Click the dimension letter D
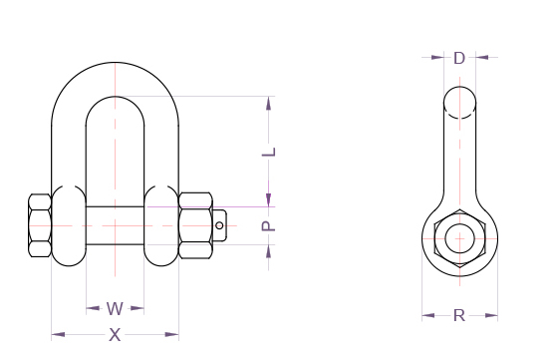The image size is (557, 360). tap(459, 58)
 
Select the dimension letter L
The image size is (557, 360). tap(267, 152)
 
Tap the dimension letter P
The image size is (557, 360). tap(267, 226)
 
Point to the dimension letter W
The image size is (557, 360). tap(115, 308)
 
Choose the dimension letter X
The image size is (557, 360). tap(115, 335)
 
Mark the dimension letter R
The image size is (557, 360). tap(459, 316)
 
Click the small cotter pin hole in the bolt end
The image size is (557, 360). tap(220, 226)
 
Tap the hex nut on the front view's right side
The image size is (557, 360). tap(195, 226)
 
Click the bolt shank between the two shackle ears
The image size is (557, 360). tap(115, 226)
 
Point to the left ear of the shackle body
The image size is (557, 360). tap(68, 226)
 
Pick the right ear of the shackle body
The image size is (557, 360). tap(162, 226)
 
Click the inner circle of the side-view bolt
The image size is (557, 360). tap(459, 239)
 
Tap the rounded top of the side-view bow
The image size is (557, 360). tap(459, 98)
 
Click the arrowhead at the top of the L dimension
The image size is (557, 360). tap(267, 103)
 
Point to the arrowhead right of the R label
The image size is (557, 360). tap(491, 316)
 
